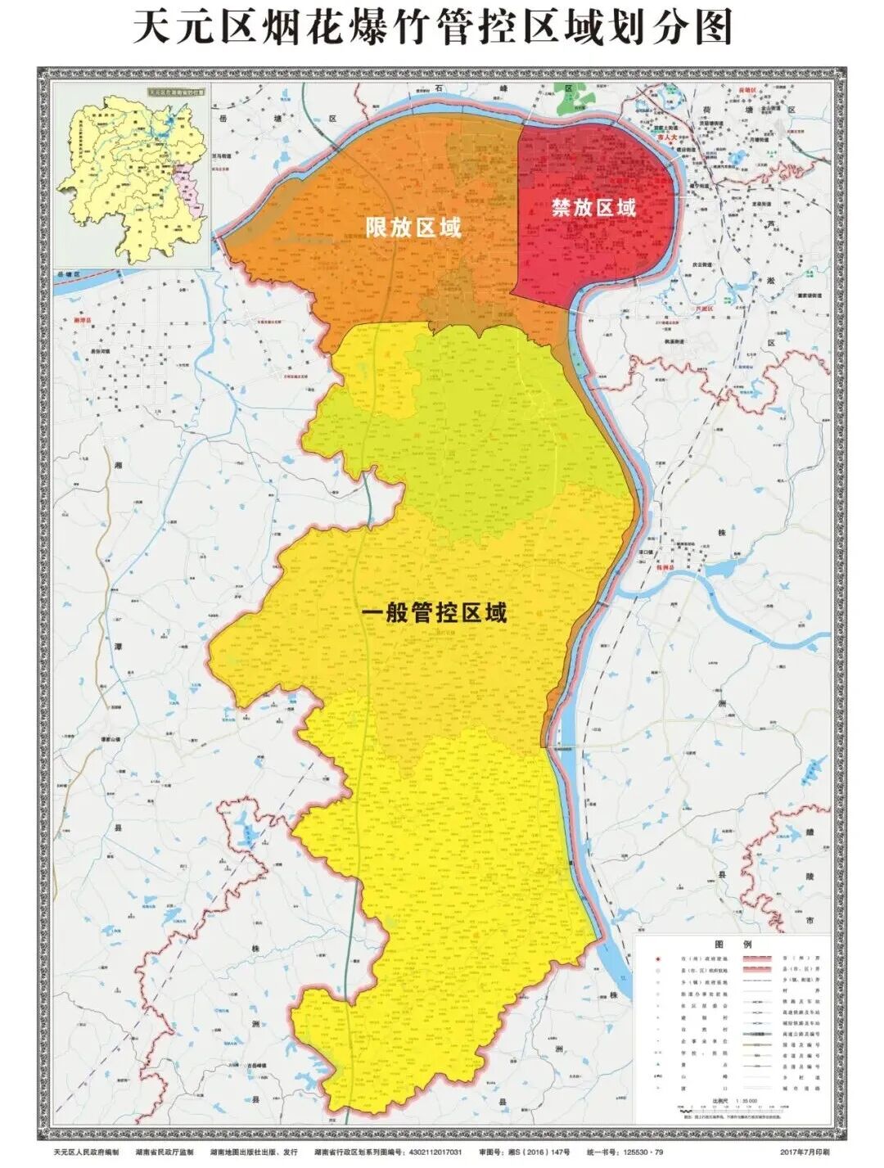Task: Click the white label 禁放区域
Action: [x=593, y=208]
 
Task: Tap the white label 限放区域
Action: [x=413, y=227]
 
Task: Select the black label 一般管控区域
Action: [x=434, y=612]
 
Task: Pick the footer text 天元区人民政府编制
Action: [x=86, y=1151]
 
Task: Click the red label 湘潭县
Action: [x=85, y=321]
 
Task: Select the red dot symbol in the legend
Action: [x=658, y=957]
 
